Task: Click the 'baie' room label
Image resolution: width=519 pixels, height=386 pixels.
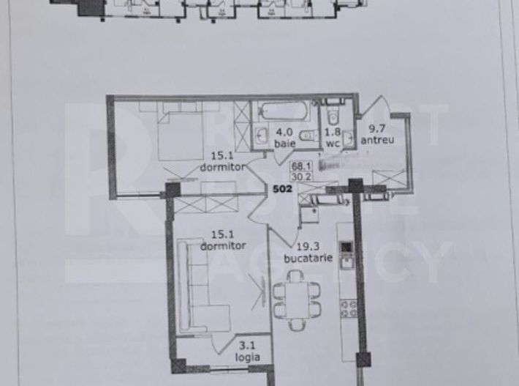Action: tap(284, 144)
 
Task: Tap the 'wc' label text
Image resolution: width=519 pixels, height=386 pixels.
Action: tap(333, 144)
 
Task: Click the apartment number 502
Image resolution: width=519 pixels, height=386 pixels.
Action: tap(284, 188)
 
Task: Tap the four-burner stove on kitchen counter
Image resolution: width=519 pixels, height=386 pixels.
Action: tap(347, 308)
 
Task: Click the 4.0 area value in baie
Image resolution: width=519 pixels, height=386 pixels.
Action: tap(284, 134)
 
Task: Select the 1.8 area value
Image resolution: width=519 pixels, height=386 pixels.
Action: tap(333, 134)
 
